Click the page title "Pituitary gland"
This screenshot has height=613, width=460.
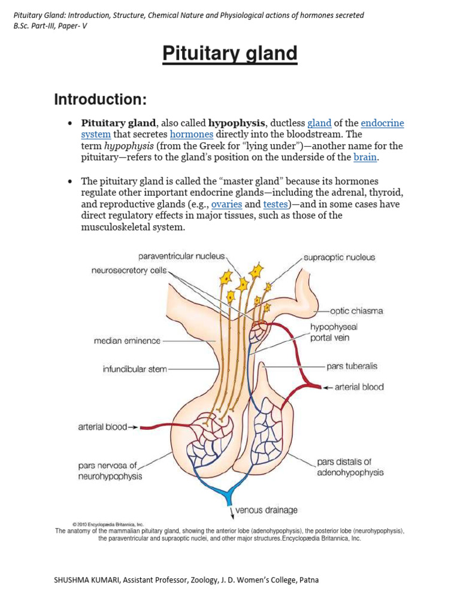(230, 54)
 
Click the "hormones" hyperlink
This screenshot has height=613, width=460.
(192, 135)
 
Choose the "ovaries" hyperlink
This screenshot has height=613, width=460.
(227, 204)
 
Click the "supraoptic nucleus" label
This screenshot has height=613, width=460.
(339, 257)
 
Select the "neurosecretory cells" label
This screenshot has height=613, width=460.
(129, 270)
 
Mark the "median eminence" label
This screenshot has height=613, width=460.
(128, 341)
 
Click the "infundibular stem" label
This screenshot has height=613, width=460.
(135, 369)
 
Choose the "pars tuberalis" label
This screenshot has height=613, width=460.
(352, 366)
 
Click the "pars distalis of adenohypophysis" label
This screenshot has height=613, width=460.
(350, 467)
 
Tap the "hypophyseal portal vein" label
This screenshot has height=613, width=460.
(330, 332)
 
